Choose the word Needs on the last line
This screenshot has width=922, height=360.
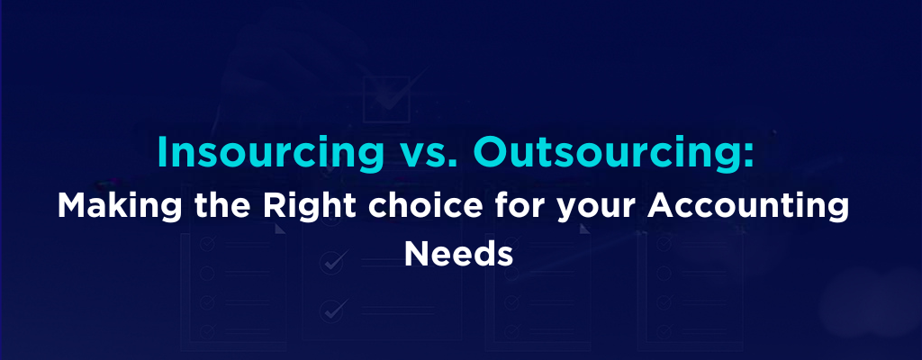(x=459, y=254)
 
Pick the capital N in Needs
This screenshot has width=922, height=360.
(x=416, y=253)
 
